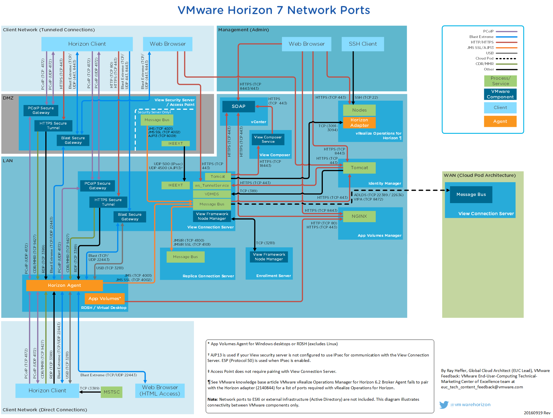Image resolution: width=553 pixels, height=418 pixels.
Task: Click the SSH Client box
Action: click(x=363, y=44)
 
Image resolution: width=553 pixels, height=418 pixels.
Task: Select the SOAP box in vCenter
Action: click(x=239, y=106)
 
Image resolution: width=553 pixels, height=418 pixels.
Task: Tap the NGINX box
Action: click(x=359, y=216)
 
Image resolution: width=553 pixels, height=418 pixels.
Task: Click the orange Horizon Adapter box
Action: click(x=359, y=123)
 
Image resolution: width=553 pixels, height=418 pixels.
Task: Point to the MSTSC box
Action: click(x=112, y=392)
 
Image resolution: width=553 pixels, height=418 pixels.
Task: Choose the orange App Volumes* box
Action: click(x=104, y=299)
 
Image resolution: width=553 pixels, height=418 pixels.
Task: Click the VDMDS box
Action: click(x=212, y=194)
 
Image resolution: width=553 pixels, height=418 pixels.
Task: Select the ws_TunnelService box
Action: click(x=212, y=186)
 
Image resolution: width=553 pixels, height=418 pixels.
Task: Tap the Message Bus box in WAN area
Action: click(x=471, y=194)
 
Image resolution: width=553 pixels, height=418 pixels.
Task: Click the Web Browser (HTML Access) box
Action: click(x=160, y=391)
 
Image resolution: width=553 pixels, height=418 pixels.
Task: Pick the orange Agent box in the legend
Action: click(x=500, y=121)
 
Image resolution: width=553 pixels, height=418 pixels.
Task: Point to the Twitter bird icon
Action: click(x=444, y=404)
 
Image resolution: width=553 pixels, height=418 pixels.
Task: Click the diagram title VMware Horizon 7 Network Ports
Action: click(x=274, y=10)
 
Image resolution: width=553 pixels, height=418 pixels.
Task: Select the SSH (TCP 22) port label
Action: click(x=366, y=98)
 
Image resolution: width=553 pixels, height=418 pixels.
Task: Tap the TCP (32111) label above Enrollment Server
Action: click(x=266, y=243)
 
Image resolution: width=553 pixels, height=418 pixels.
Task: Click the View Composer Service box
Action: click(x=268, y=140)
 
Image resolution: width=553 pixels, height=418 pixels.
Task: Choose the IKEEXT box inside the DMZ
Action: click(x=176, y=144)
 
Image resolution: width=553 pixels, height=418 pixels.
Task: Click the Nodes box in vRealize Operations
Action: click(x=359, y=110)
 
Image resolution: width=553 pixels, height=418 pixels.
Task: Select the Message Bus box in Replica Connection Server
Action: click(x=185, y=257)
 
